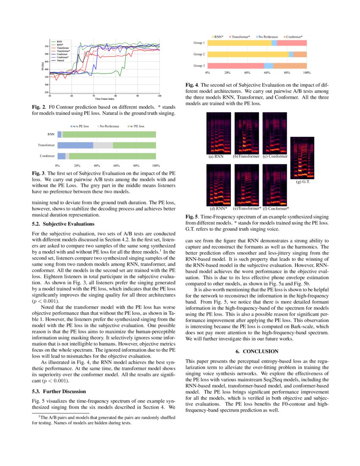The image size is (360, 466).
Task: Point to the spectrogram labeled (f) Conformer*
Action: tap(275, 185)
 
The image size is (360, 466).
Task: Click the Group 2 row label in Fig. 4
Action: tap(199, 54)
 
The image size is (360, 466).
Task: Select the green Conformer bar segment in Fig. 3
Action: tap(112, 156)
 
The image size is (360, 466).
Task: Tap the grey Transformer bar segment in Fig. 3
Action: tap(103, 145)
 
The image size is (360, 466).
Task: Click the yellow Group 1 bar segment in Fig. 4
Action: tap(239, 43)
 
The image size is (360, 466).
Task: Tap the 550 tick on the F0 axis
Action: tap(46, 46)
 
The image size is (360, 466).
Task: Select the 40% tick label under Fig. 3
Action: tap(97, 165)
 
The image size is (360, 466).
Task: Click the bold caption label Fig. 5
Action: tap(191, 216)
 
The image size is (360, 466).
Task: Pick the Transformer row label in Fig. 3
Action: tap(46, 145)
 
